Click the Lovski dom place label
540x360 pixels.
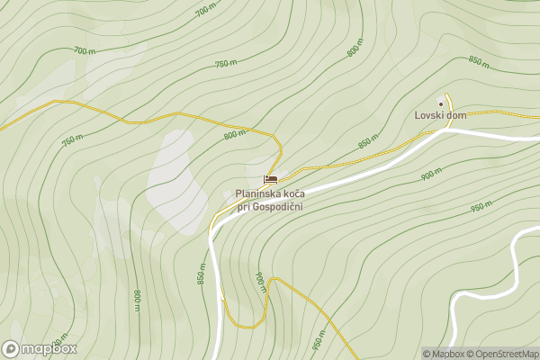click(x=440, y=115)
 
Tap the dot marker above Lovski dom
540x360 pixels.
click(x=441, y=102)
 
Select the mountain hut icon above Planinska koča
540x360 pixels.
click(x=270, y=180)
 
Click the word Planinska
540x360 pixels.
click(x=261, y=193)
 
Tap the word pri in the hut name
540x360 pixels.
click(x=243, y=207)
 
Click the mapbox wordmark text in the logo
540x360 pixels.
click(x=49, y=348)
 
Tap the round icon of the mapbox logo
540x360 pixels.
click(x=11, y=348)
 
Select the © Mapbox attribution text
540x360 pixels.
click(x=444, y=354)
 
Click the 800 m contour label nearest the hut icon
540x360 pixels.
click(x=235, y=135)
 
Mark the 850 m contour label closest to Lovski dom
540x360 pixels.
click(x=366, y=143)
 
